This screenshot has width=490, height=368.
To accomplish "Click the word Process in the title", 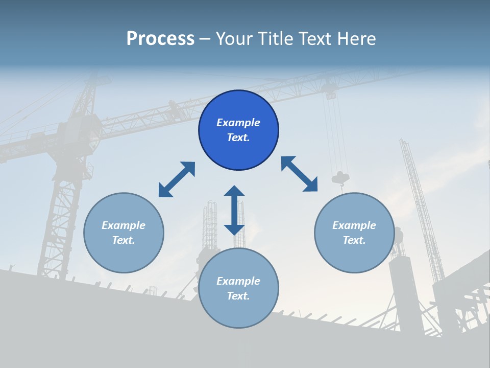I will [x=160, y=39].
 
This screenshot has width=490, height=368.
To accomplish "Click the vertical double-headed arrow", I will [x=234, y=210].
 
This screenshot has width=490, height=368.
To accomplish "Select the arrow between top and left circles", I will [x=177, y=179].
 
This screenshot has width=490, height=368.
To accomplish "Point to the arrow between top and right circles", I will [x=299, y=174].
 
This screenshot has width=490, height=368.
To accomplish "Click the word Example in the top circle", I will [x=238, y=123].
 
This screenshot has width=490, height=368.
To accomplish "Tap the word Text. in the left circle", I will [x=124, y=240].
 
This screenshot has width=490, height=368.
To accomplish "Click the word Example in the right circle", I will [x=354, y=225].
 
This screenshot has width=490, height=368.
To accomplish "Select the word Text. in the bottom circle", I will [x=238, y=296].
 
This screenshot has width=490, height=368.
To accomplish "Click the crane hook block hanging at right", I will [x=340, y=178].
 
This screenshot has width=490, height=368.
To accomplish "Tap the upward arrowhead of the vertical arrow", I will [x=234, y=191].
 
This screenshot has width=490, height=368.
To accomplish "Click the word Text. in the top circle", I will [x=238, y=137].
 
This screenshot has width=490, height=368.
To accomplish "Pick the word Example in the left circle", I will [x=124, y=225].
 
